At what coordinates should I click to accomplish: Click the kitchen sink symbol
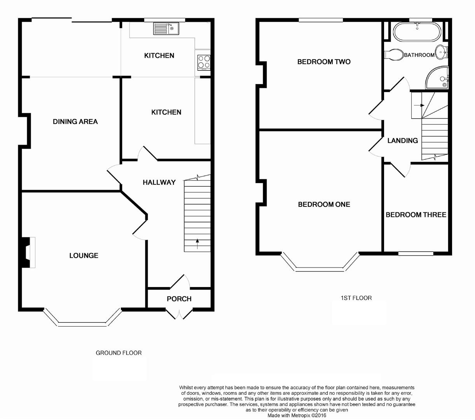coord(166,29)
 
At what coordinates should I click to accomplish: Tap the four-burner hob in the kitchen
coord(204,61)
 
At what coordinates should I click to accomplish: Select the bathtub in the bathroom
coord(417,32)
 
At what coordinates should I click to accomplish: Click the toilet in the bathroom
coord(394,54)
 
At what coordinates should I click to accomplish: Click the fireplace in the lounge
coord(28,252)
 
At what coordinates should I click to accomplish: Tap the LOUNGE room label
coord(84,255)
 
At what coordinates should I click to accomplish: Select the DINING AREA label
coord(75,122)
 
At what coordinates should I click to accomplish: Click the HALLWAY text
coord(159,182)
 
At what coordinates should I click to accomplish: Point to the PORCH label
coord(179,299)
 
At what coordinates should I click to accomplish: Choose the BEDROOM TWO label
coord(324,62)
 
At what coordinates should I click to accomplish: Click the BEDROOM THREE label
coord(416,215)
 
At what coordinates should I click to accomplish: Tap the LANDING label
coord(402,141)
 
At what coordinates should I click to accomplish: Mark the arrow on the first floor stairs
coord(419,105)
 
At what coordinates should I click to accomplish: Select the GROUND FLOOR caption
coord(119,353)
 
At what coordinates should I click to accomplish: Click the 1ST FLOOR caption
coord(356,298)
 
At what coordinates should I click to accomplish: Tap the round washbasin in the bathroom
coord(440,52)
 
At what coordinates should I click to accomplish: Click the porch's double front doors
coord(179,313)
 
